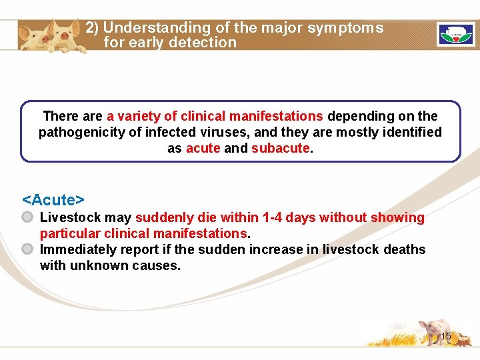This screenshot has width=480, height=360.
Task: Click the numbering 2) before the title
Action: [x=92, y=28]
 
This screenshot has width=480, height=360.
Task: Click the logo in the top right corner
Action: [x=455, y=34]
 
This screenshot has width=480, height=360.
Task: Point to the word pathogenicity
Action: [x=82, y=132]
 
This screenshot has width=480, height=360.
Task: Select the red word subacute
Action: [x=281, y=148]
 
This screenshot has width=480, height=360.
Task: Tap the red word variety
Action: [x=145, y=116]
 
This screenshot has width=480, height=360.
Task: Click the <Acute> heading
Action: [x=53, y=200]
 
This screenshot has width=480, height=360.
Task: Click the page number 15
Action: [x=446, y=337]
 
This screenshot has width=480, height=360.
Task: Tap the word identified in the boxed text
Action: [x=413, y=132]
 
